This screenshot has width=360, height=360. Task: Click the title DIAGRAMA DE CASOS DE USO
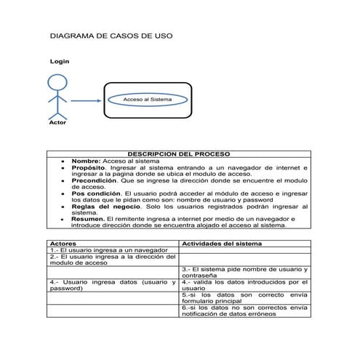(x=110, y=35)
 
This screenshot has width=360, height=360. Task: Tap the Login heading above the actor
(x=59, y=61)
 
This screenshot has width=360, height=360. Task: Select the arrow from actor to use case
(x=86, y=100)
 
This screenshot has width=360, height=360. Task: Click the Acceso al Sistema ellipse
(x=147, y=99)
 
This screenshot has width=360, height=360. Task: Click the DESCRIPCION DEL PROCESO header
(x=178, y=154)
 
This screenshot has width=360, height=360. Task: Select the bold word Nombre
(x=86, y=161)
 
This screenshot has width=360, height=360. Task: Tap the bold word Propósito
(x=89, y=168)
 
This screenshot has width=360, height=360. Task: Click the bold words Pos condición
(x=96, y=194)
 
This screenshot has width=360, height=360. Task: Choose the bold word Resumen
(x=88, y=219)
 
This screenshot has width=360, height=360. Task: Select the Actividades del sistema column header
(x=221, y=244)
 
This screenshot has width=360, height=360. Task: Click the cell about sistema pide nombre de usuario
(x=244, y=273)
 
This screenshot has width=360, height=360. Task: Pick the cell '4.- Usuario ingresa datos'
(x=113, y=286)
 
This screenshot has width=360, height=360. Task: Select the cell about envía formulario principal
(x=244, y=298)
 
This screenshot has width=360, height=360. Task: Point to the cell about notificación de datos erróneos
(x=244, y=311)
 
